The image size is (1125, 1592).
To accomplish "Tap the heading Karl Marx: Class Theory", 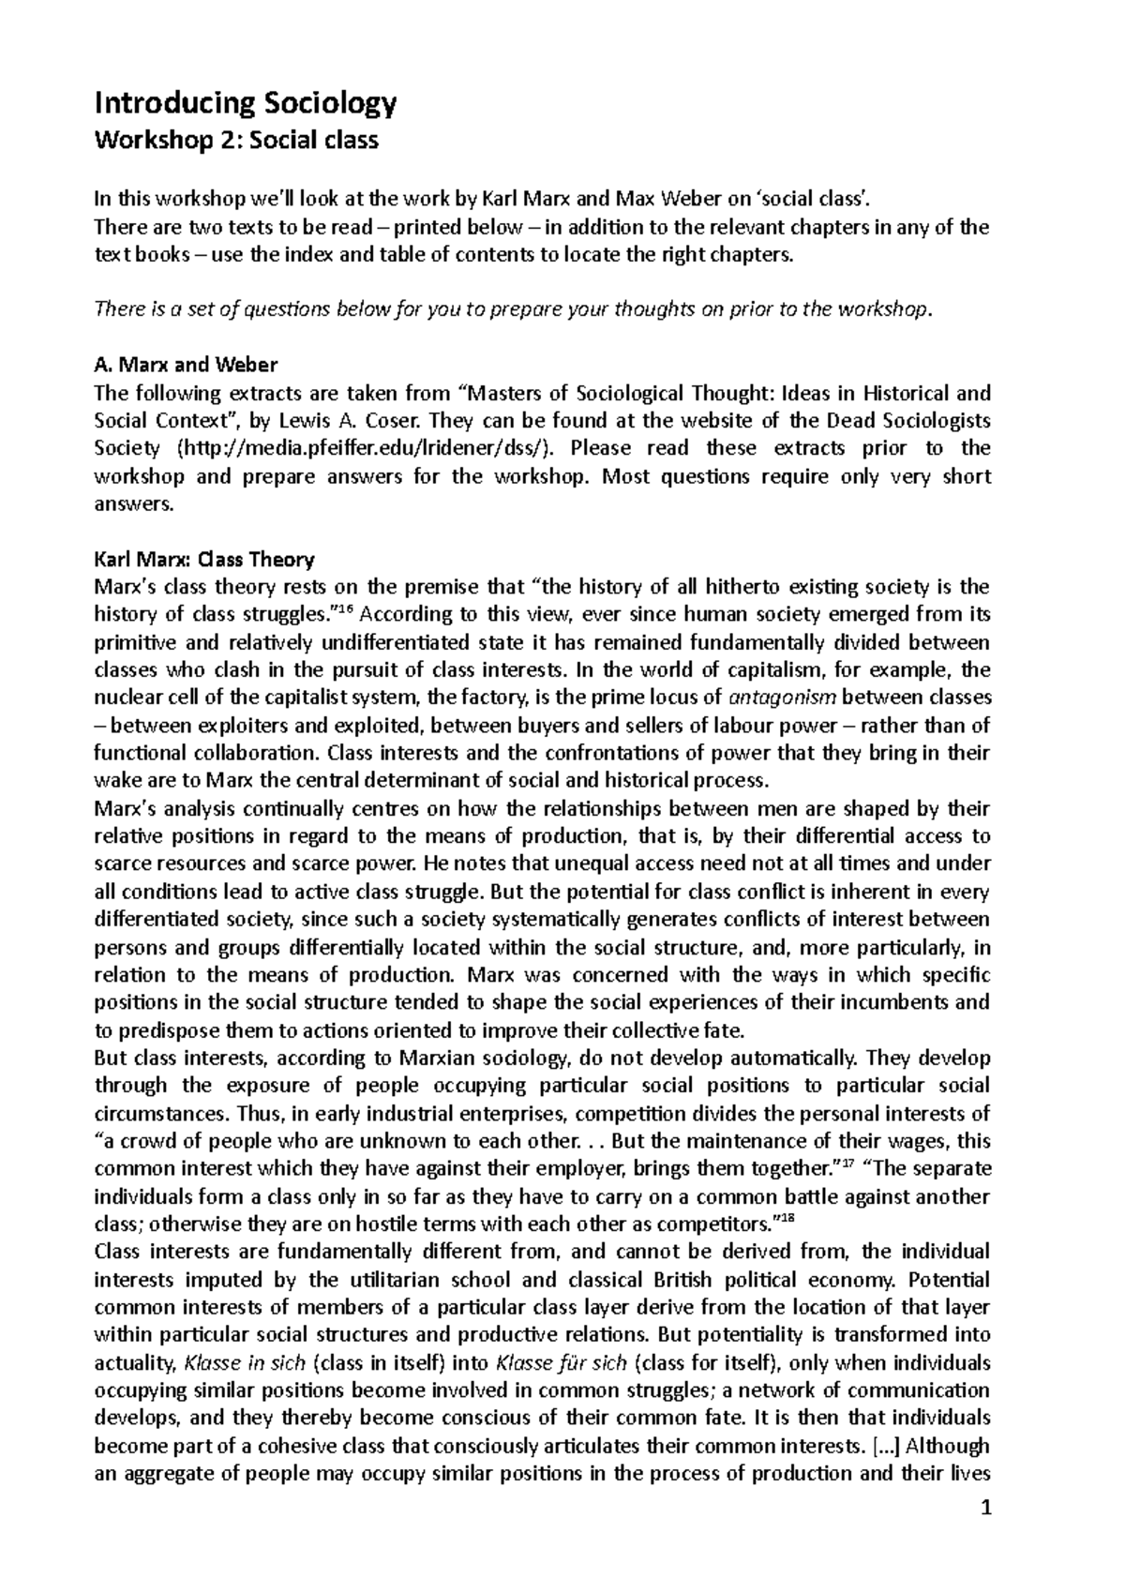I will pos(204,560).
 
